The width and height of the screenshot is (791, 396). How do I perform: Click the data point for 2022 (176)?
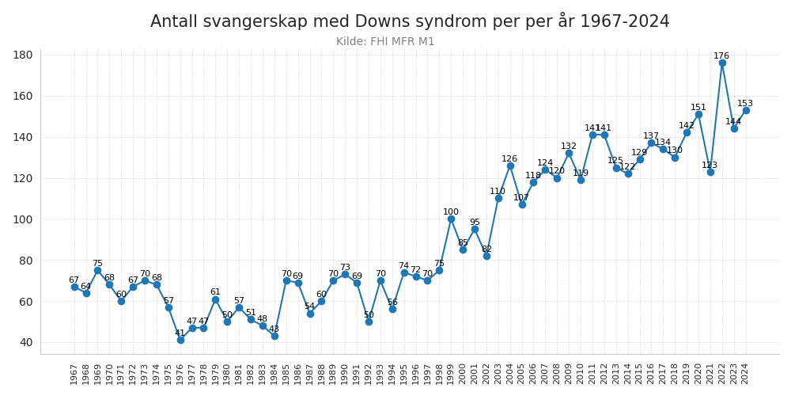(722, 63)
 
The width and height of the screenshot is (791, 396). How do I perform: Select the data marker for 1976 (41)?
(180, 340)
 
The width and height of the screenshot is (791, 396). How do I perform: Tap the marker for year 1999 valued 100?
(451, 219)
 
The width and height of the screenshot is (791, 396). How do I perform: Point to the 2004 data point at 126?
(510, 166)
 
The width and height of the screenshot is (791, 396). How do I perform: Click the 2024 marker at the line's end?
(746, 110)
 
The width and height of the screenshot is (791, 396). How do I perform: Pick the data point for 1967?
(74, 287)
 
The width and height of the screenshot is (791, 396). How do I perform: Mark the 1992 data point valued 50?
(369, 322)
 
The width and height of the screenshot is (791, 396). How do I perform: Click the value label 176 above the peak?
(721, 56)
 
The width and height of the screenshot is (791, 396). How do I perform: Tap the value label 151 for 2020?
(698, 108)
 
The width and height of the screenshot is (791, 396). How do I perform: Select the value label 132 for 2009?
(569, 147)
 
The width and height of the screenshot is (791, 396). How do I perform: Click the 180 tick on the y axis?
(23, 55)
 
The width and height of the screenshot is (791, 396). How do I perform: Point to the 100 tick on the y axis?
(23, 219)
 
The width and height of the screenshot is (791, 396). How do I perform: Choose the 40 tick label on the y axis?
(25, 342)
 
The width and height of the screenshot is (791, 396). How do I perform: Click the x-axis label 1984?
(274, 374)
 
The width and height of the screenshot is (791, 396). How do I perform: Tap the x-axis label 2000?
(463, 374)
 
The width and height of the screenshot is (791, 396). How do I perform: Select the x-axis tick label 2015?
(640, 374)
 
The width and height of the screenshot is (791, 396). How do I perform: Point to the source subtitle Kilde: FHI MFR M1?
(385, 42)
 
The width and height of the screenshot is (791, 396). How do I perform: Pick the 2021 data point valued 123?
(710, 172)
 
